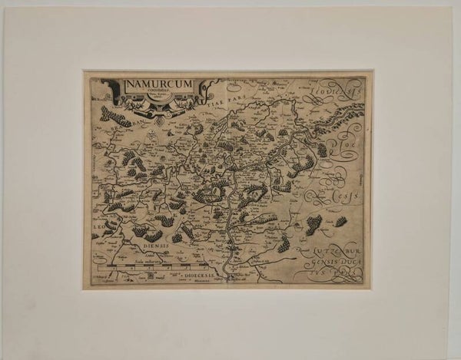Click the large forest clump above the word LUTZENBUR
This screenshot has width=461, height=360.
click(313, 225)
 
